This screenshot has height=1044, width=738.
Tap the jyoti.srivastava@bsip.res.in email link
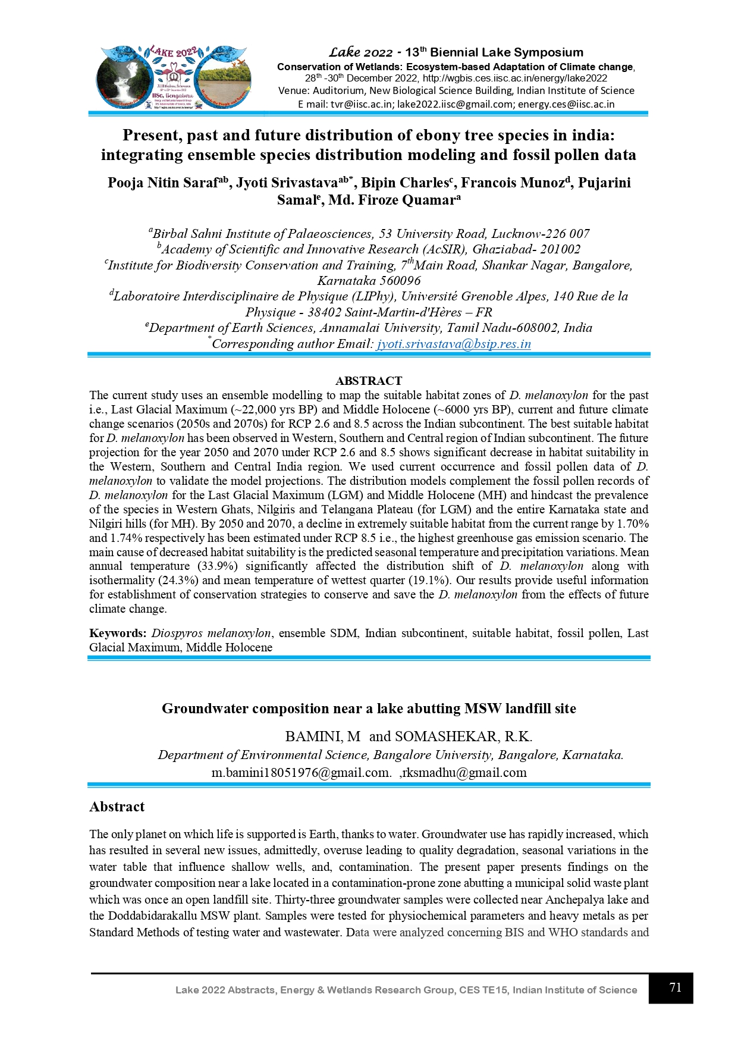[454, 344]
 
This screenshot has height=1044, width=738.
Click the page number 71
[675, 987]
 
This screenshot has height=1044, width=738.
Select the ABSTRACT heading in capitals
[369, 381]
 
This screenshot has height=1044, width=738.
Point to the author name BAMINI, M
[323, 736]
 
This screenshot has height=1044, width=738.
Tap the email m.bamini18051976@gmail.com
[301, 773]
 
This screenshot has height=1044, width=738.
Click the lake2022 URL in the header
[515, 78]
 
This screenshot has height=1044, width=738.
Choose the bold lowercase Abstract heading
[117, 807]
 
